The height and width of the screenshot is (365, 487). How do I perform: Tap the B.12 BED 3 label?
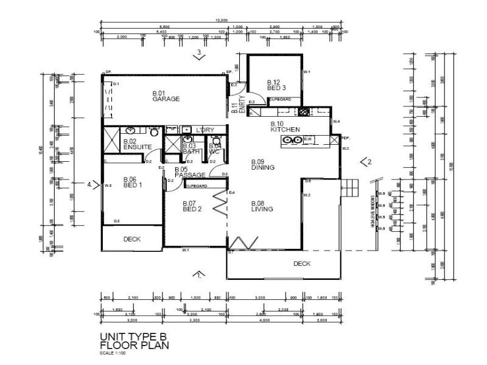click(275, 85)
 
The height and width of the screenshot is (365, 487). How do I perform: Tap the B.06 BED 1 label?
click(133, 182)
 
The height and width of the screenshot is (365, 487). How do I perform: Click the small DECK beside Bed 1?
click(132, 239)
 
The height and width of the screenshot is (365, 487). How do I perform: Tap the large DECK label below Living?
click(301, 263)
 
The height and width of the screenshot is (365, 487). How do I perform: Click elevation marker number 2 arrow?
click(365, 161)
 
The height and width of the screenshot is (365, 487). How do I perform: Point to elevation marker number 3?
click(200, 54)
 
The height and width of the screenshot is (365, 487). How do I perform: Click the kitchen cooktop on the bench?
click(293, 141)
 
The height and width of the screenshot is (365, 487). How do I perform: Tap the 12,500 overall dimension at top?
click(222, 21)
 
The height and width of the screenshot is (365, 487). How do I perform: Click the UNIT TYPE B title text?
click(133, 336)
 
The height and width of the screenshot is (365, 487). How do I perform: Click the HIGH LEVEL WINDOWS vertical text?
click(372, 210)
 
